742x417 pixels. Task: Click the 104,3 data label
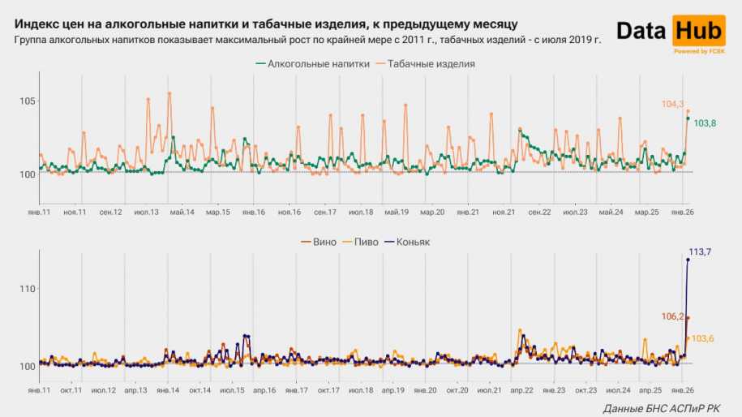[672, 104]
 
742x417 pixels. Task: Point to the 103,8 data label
[706, 123]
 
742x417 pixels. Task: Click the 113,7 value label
[700, 252]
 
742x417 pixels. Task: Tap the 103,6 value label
[703, 338]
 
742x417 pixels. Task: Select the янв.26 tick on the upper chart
[679, 213]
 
